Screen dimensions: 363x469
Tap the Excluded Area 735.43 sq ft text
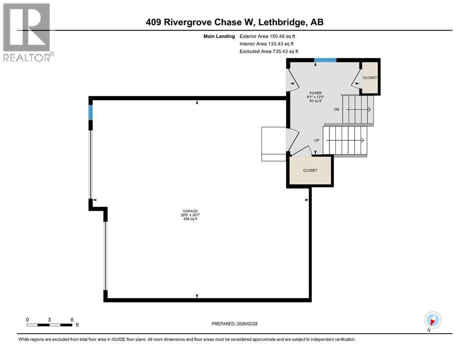(x=269, y=51)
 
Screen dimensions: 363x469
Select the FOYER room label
(x=315, y=93)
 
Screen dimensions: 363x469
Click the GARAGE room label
(x=190, y=211)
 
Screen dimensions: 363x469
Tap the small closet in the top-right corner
(x=370, y=78)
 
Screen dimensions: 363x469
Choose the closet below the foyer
(x=310, y=170)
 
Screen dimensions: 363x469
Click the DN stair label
(x=337, y=110)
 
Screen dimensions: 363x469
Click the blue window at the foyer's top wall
(x=325, y=60)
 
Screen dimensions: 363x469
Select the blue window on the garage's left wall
(x=91, y=112)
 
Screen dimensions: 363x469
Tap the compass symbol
(x=433, y=320)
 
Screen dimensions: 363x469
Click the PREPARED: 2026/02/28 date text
(x=234, y=324)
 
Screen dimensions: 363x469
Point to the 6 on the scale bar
(x=72, y=320)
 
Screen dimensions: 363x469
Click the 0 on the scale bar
(x=27, y=320)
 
